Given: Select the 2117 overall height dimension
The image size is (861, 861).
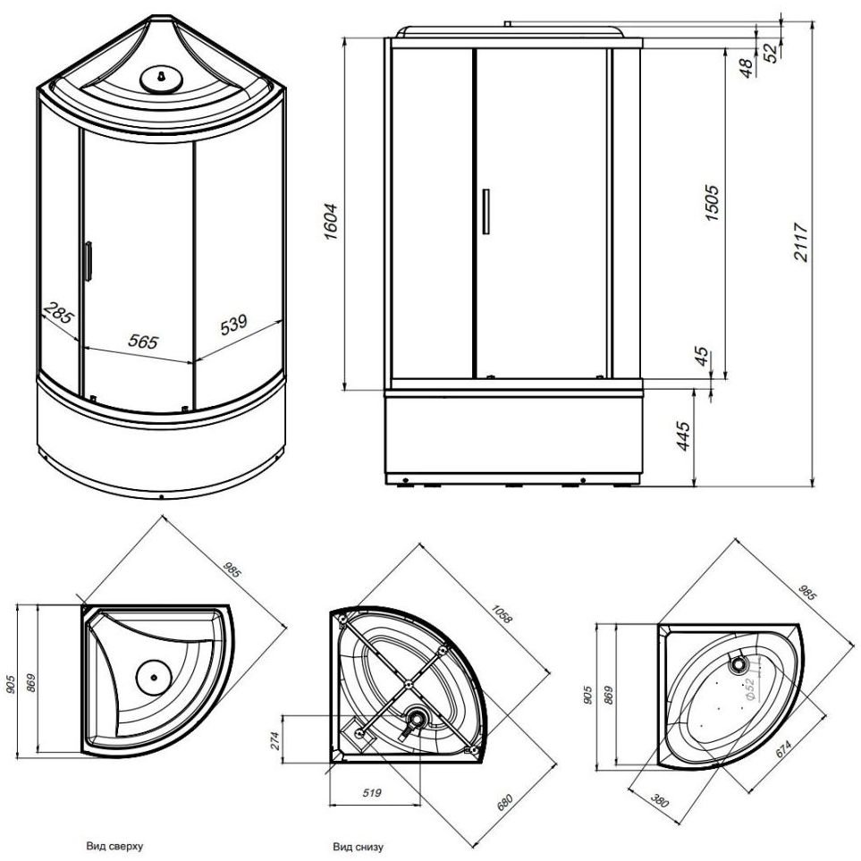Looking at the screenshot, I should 803,241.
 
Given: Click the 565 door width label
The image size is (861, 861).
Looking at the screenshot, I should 143,342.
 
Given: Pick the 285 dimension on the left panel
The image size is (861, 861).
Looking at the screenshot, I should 58,315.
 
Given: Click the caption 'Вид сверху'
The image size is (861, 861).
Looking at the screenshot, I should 114,843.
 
